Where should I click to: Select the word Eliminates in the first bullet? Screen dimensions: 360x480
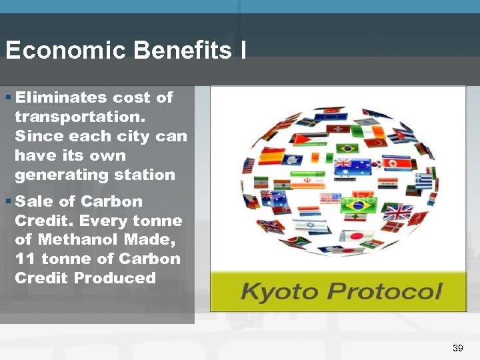60,97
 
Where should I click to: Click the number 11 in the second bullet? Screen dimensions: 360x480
24,259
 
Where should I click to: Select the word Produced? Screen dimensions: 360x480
115,278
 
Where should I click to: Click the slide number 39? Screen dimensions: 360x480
457,348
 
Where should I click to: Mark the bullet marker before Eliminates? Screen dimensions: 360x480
8,97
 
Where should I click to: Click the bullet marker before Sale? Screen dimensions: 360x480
8,201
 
